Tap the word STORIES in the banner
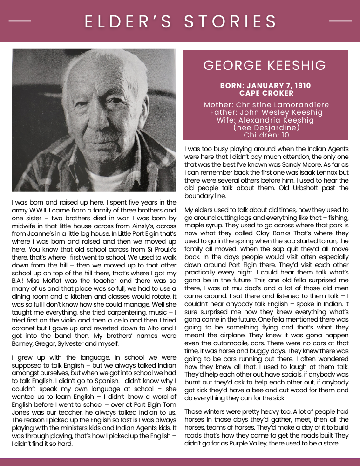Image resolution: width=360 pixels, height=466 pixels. coord(231,21)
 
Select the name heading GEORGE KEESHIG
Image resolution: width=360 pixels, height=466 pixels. coord(265,65)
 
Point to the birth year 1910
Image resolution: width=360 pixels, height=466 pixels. coord(302,86)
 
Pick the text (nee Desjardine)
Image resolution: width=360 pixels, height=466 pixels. coord(266,127)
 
